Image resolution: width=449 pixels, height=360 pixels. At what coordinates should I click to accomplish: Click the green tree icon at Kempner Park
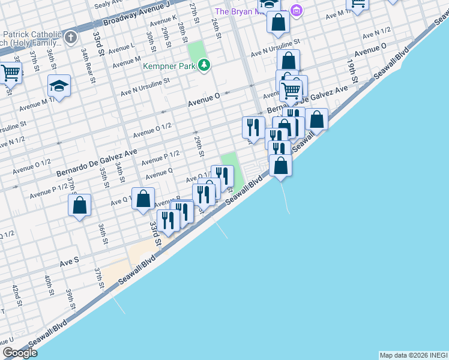(204, 65)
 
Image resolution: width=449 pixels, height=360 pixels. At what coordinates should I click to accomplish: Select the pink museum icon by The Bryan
(296, 10)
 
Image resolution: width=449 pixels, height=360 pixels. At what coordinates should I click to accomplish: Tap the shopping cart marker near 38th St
(10, 73)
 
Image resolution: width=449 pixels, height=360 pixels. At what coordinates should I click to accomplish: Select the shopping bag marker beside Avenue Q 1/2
(143, 199)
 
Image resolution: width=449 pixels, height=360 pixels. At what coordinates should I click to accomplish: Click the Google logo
(20, 353)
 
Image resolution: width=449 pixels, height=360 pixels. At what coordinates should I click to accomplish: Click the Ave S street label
(69, 262)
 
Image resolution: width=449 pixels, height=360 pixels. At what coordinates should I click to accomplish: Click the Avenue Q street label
(160, 173)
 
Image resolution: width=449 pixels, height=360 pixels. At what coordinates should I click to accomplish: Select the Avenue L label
(124, 47)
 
